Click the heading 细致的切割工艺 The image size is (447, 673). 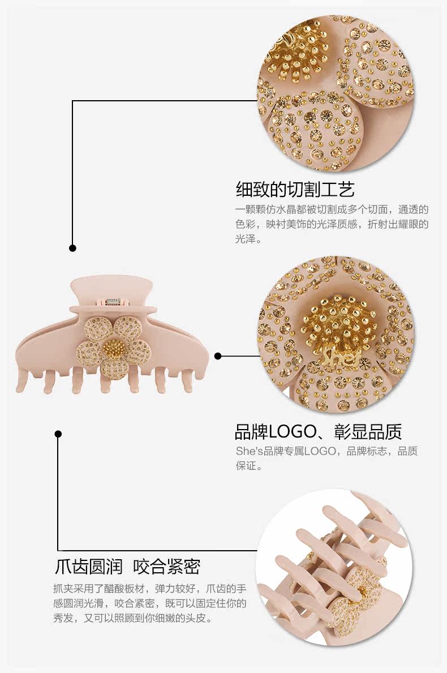(x=295, y=188)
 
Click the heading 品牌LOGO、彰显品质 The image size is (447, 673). (x=318, y=432)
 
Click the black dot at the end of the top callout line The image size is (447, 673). (x=72, y=248)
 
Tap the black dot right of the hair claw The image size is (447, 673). (x=218, y=356)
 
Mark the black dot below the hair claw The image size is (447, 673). (x=58, y=434)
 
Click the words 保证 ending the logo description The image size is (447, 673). (x=245, y=466)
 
